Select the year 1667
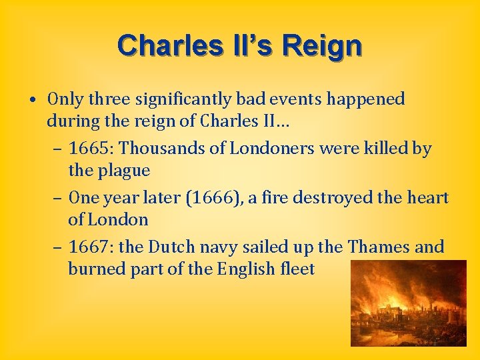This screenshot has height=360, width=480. pyautogui.click(x=91, y=247)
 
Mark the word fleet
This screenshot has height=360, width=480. pyautogui.click(x=297, y=269)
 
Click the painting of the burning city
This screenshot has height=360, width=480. pyautogui.click(x=409, y=303)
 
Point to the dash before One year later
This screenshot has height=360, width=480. pyautogui.click(x=58, y=198)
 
